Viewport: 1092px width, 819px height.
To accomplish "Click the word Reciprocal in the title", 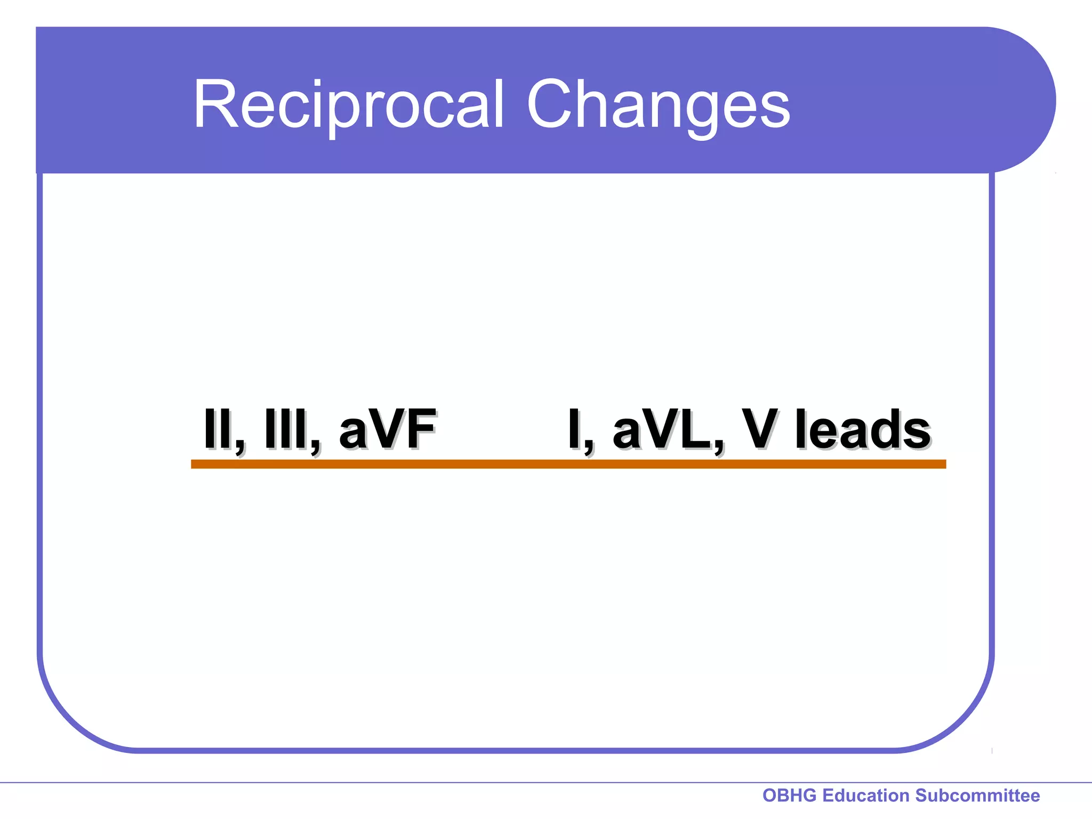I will click(x=348, y=105).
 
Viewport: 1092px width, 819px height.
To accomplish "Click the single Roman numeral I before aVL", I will click(x=574, y=429).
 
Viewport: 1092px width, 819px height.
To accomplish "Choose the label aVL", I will click(x=661, y=429).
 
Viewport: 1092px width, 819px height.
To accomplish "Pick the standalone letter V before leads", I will click(x=760, y=429).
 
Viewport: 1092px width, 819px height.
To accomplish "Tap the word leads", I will click(x=862, y=429).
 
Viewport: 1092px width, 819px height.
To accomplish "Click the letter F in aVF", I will click(x=421, y=429).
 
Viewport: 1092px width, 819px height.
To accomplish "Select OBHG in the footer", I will click(x=789, y=796).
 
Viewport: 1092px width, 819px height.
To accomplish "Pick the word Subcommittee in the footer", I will click(x=977, y=796).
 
